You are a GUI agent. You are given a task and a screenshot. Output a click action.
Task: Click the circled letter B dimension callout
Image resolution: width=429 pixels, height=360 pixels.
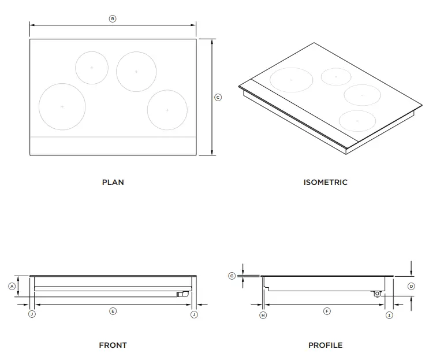[113, 18]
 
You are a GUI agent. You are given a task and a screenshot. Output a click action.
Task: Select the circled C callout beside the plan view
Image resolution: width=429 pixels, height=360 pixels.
[218, 97]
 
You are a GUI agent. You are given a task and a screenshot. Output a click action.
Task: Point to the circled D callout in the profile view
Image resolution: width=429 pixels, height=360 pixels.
[412, 286]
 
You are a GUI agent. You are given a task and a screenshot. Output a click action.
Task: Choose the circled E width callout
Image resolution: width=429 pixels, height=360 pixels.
[113, 311]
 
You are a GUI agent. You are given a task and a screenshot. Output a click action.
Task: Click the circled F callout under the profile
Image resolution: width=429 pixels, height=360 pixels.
[327, 311]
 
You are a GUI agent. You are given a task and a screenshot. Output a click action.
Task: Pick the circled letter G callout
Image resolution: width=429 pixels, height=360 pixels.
[232, 276]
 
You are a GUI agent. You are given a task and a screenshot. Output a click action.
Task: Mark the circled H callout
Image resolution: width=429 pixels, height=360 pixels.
[263, 315]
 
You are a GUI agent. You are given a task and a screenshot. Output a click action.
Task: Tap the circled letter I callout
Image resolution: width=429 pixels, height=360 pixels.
[389, 315]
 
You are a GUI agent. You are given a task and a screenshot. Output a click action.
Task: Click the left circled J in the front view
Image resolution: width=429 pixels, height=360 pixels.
[32, 314]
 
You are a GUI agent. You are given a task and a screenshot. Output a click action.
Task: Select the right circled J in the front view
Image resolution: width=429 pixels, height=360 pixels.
[194, 314]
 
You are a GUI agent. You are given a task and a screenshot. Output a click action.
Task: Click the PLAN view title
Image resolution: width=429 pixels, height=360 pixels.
[113, 182]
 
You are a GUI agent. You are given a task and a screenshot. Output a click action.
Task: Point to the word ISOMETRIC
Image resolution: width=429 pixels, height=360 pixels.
[325, 182]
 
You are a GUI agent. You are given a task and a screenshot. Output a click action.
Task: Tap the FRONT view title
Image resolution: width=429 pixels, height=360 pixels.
[113, 345]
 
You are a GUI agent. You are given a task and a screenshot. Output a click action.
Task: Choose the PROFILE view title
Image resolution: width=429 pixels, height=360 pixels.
[325, 345]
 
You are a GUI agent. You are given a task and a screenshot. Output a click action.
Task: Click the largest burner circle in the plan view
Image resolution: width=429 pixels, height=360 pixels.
[62, 106]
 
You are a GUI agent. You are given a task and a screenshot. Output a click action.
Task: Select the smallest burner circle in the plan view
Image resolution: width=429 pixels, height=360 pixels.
[92, 68]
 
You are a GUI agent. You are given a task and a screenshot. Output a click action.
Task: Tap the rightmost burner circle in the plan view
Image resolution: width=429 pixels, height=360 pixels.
[167, 109]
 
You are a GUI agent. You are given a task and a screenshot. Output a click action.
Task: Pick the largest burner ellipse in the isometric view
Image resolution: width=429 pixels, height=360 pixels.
[291, 79]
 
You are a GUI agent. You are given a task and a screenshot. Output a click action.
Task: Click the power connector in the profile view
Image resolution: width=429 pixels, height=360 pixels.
[378, 293]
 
